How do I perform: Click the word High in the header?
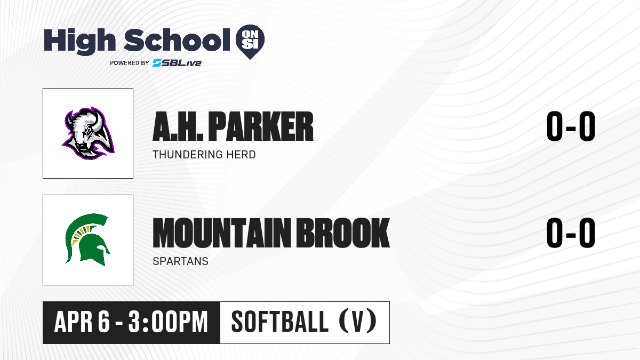click(79, 41)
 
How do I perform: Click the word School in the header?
click(177, 40)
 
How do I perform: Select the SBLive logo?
click(177, 62)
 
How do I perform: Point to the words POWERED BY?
click(130, 63)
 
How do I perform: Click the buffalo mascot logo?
click(88, 133)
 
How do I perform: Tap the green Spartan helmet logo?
click(87, 239)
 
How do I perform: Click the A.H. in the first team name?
click(178, 126)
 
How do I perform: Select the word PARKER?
click(261, 126)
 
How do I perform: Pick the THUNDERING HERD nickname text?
click(204, 155)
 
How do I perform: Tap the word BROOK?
click(343, 233)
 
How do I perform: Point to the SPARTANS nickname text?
click(181, 261)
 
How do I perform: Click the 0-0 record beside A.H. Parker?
click(571, 126)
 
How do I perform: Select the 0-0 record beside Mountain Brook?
click(571, 233)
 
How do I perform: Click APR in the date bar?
click(74, 322)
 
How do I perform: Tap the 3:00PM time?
click(167, 322)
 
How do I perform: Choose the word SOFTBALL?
click(279, 322)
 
